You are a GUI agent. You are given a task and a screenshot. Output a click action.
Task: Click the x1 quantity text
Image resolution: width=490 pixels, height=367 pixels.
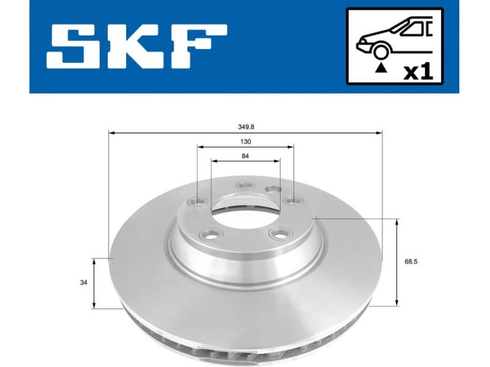[418, 72]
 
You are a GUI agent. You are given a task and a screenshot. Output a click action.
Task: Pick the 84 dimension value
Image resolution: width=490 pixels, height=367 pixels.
[246, 156]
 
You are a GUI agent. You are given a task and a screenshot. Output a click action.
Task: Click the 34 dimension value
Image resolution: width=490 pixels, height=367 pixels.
[83, 283]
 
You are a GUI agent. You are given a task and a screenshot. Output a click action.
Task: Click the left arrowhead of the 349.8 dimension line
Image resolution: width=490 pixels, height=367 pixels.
[111, 132]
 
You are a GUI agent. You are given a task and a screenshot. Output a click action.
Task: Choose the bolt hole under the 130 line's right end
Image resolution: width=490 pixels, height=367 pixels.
[293, 201]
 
